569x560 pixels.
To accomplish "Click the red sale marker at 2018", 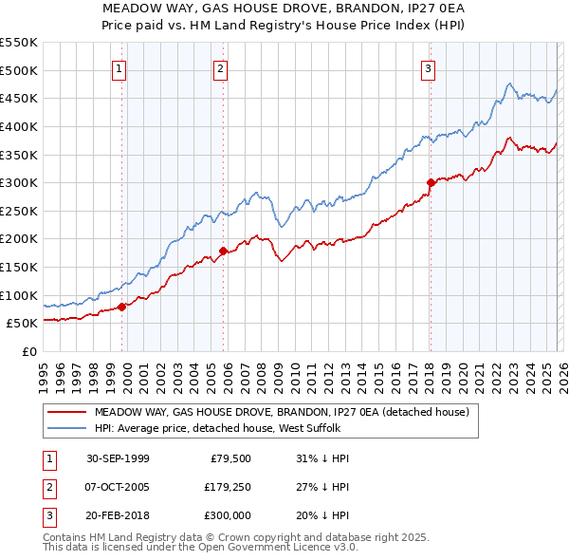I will (431, 182).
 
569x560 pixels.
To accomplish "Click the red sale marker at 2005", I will (223, 251).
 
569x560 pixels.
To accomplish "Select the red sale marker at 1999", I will (122, 306).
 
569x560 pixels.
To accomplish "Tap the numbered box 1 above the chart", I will (119, 68).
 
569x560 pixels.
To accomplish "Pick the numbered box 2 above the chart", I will (220, 68).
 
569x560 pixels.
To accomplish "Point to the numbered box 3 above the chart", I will (428, 68).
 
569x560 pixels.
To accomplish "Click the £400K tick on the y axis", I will (18, 126).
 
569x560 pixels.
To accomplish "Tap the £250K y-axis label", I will (18, 211).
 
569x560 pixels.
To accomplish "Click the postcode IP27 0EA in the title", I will (429, 9).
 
